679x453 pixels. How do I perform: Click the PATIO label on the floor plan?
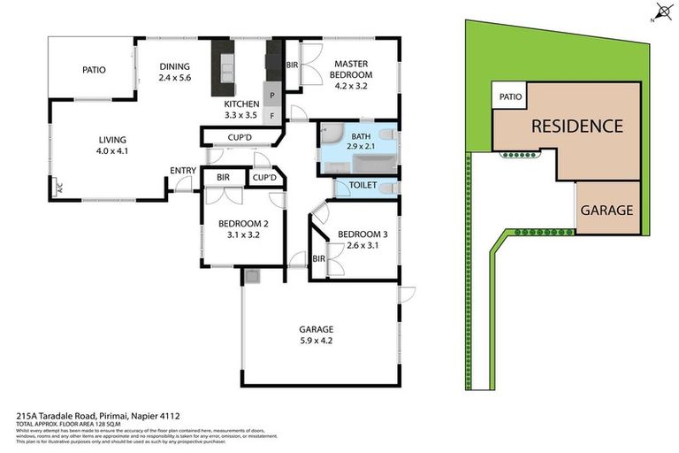95,69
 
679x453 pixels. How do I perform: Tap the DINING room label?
174,66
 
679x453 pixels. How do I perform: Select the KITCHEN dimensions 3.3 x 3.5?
240,115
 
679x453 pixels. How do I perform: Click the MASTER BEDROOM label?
351,70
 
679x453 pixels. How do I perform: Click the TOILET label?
364,186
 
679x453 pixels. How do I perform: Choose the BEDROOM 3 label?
357,234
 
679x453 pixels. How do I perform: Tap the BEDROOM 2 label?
243,224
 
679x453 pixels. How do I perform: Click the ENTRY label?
183,171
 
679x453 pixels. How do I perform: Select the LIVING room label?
112,139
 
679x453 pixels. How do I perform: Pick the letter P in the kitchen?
272,95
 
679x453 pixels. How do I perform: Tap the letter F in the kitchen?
272,115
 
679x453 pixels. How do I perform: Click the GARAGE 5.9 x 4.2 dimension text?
316,340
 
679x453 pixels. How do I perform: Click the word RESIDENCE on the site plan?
576,126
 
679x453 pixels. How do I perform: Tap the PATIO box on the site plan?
510,96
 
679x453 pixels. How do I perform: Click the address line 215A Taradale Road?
99,414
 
